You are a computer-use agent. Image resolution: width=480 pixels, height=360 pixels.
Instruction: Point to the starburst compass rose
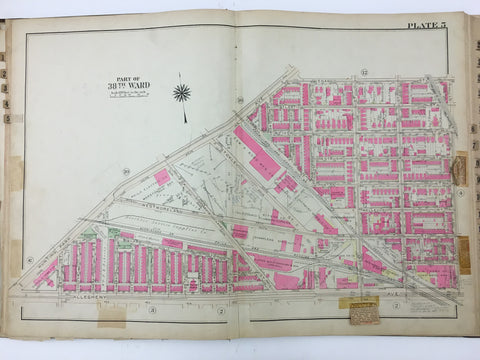pos(181,93)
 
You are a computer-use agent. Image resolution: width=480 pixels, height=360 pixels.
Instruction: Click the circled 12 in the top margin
pos(337,71)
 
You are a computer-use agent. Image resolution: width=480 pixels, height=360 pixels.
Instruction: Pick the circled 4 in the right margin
pos(459,194)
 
